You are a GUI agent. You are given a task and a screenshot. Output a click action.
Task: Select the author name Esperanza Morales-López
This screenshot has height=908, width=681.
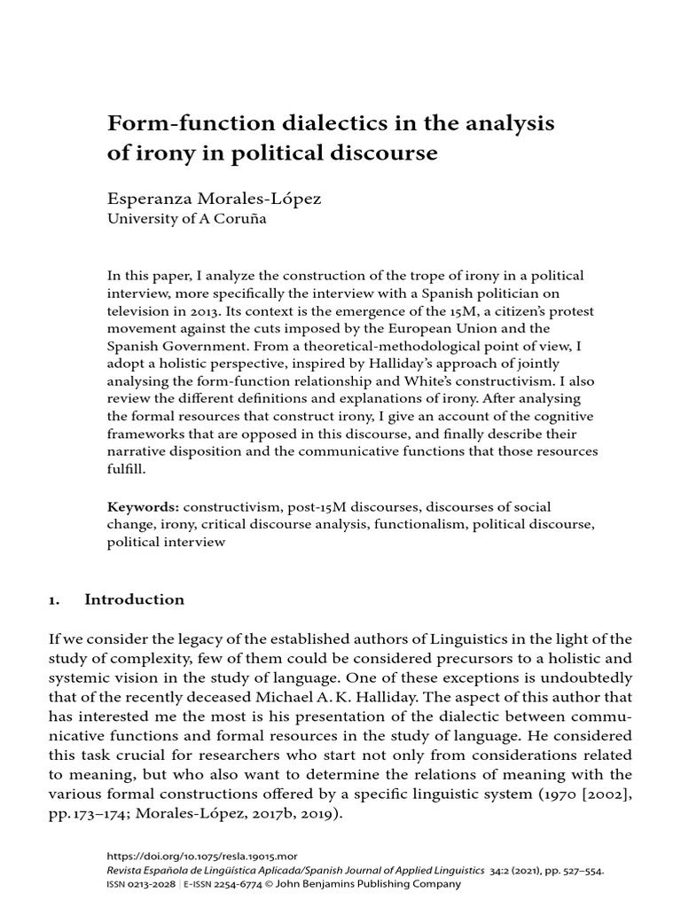(x=214, y=199)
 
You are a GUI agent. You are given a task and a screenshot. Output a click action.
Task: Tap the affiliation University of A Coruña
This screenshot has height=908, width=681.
(x=186, y=221)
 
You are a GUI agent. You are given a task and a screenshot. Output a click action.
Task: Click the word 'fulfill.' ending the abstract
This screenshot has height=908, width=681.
(x=126, y=469)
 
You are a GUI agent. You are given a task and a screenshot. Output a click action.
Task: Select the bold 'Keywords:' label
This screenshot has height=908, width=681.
(x=144, y=507)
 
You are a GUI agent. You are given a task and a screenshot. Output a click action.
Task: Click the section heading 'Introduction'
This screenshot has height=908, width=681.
(x=134, y=599)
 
